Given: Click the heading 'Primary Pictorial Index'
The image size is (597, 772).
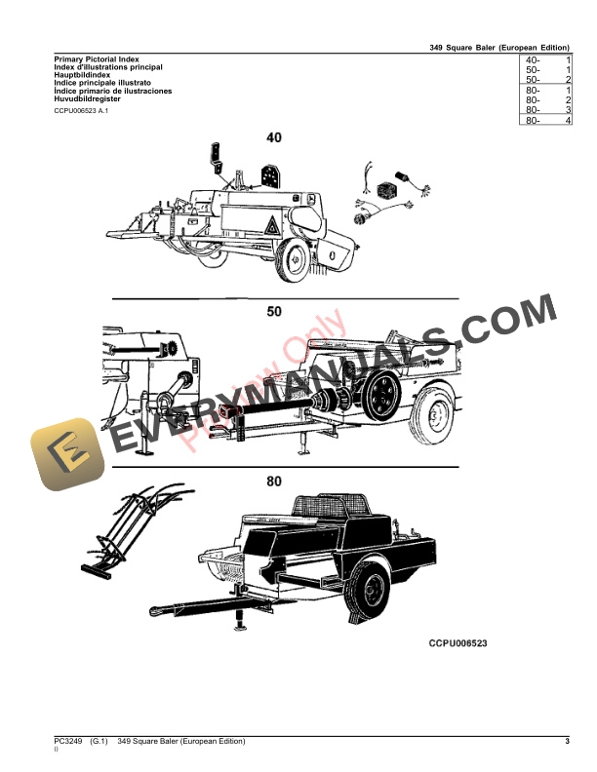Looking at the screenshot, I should pos(95,59).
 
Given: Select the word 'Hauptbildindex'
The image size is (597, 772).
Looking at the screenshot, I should pos(82,75).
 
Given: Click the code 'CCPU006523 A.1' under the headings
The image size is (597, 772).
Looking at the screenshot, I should pos(82,112).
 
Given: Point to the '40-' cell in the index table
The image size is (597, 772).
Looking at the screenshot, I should pos(532,60).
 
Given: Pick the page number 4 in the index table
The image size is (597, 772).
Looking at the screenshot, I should pos(567,120).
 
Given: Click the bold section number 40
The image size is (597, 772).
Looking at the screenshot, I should pos(273,138).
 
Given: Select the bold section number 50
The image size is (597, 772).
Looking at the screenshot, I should pos(273,312).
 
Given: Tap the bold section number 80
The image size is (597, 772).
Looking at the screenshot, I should pos(273,482).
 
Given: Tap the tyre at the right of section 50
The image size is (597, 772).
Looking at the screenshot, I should pos(436,418).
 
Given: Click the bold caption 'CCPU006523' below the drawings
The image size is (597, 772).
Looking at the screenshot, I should pos(458,644).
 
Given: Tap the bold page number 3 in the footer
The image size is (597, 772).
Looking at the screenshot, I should pos(567,743).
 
